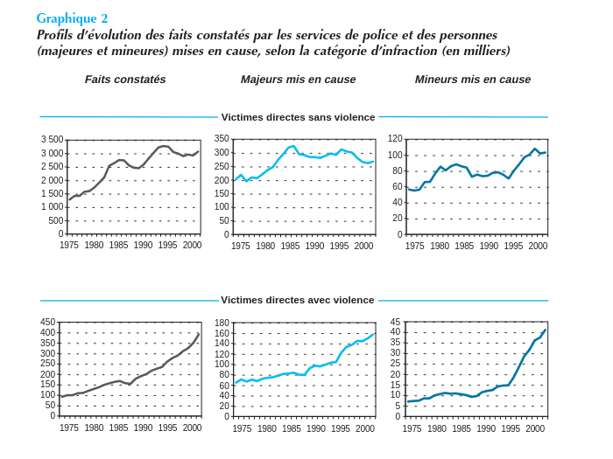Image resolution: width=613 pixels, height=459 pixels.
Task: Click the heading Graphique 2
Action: [72, 18]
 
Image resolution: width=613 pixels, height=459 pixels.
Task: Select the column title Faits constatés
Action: [125, 80]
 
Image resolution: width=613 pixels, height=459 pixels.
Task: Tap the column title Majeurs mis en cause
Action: [298, 80]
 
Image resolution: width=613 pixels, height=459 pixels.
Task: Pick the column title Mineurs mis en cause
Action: [472, 80]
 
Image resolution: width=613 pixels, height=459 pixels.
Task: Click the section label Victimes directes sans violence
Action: [298, 117]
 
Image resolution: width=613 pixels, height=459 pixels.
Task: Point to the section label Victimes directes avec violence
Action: [298, 300]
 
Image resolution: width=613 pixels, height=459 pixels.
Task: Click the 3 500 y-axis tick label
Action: [53, 140]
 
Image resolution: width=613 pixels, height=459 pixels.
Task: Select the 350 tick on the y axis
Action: [222, 139]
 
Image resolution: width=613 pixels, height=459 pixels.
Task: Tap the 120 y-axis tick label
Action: [395, 139]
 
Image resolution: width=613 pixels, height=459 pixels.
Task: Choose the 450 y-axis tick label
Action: [48, 322]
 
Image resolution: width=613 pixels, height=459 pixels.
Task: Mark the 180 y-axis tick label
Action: [222, 323]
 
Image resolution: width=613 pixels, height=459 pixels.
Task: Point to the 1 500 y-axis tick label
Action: [53, 193]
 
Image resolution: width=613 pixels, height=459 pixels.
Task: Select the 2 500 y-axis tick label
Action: [53, 166]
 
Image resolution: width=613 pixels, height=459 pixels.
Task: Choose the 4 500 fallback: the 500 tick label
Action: [55, 220]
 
